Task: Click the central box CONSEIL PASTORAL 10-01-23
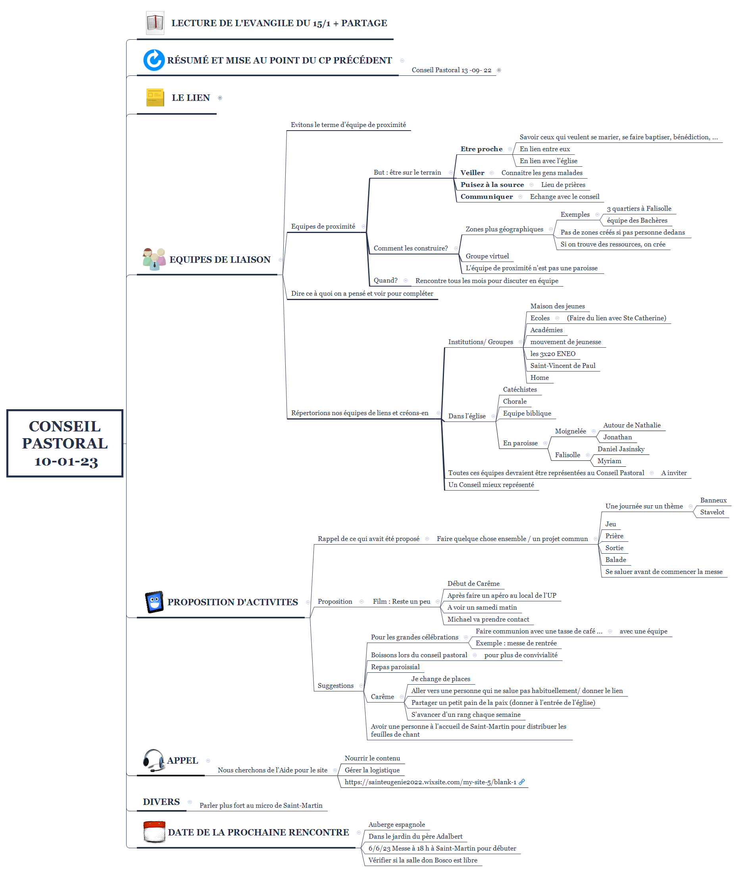tap(65, 443)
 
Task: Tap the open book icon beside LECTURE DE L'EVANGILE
tap(155, 23)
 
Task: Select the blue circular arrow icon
tap(154, 60)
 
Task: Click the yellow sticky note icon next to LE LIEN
tap(155, 98)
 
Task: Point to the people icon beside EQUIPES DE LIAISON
tap(154, 259)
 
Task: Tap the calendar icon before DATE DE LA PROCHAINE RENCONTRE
tap(154, 832)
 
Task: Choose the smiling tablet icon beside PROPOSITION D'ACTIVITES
tap(154, 602)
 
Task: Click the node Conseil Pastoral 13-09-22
tap(451, 70)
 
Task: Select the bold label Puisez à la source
tap(492, 185)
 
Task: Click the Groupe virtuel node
tap(487, 256)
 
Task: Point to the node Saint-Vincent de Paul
tap(562, 365)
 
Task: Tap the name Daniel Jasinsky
tap(621, 449)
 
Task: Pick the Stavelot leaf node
tap(712, 512)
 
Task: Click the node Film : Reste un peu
tap(401, 601)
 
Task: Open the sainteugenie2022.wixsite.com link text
tap(430, 782)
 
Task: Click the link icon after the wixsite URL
tap(522, 782)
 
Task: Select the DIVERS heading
tap(161, 802)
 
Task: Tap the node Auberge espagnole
tap(396, 824)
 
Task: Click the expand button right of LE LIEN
tap(220, 98)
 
